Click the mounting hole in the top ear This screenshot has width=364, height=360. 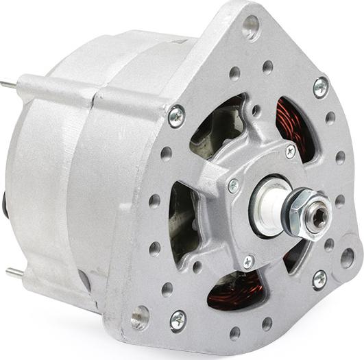coord(251,28)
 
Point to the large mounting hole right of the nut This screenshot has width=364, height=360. coord(347,258)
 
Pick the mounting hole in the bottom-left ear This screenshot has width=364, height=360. coord(141,317)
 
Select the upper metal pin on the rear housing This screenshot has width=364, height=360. coord(8,85)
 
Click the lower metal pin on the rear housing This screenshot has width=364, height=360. coord(14,272)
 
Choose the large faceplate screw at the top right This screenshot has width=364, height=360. coord(320,86)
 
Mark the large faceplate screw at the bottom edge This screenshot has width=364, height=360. coord(178,319)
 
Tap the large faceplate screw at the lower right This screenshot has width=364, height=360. coord(319,278)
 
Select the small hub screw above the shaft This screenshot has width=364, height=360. coord(291,152)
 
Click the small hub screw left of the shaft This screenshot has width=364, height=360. coord(234,185)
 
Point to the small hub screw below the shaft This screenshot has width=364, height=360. coord(249,261)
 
